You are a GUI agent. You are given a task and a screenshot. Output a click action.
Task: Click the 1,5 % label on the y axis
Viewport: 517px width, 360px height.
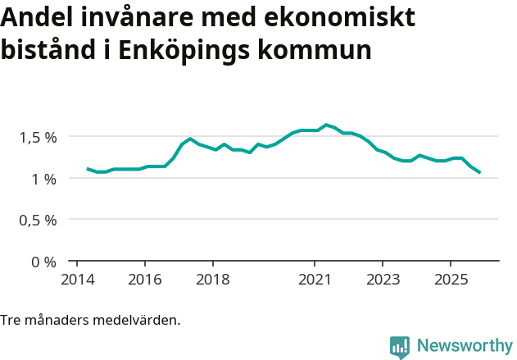(38, 137)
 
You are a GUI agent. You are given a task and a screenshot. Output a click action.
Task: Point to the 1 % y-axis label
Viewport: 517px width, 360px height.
(44, 179)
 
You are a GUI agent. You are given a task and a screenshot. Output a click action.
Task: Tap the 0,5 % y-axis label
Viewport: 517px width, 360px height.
(38, 221)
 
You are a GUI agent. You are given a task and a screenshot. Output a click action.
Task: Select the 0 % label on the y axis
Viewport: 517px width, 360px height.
(44, 262)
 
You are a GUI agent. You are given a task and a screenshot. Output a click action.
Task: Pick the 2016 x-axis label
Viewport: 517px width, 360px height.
(144, 279)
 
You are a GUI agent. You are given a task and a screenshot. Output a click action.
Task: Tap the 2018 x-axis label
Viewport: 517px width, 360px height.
(212, 279)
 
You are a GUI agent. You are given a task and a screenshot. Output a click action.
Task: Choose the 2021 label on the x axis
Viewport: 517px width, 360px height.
(315, 279)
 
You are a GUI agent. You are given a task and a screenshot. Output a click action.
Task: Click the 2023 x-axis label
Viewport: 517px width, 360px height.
(383, 279)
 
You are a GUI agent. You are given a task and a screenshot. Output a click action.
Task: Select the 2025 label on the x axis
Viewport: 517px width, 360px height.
(451, 279)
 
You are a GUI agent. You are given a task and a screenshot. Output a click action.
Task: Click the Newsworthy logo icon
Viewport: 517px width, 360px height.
(400, 347)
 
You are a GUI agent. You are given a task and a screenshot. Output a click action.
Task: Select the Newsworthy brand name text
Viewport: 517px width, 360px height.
(464, 346)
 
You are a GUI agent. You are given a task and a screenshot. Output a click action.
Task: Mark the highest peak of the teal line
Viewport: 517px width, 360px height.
(326, 125)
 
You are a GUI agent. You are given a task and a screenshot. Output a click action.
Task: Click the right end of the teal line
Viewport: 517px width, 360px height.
(480, 173)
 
